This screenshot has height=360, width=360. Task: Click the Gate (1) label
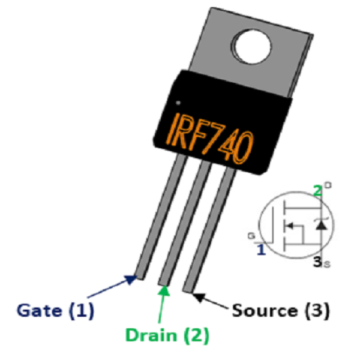pos(56,310)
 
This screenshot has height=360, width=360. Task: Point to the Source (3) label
pos(281,310)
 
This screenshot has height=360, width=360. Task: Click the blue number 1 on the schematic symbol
pos(261,250)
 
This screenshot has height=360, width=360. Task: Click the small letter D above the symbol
pos(328,184)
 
